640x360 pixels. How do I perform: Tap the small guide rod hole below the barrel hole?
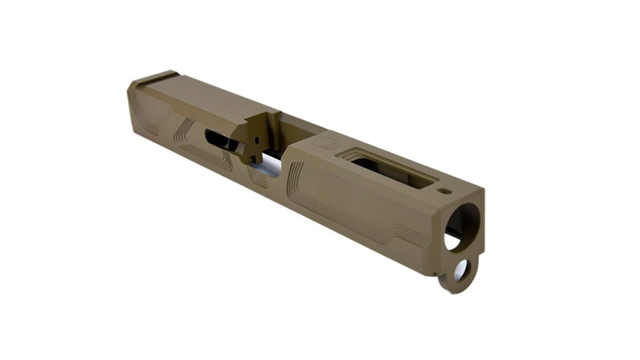tap(461, 269)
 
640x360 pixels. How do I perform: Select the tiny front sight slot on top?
tap(444, 191)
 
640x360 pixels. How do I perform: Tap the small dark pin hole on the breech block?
tap(257, 139)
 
